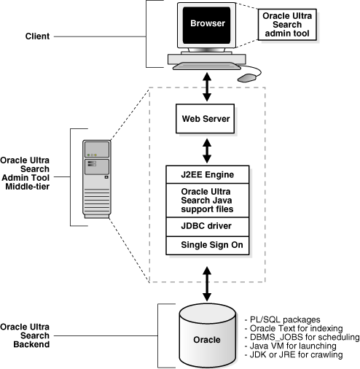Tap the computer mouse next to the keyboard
pyautogui.click(x=249, y=77)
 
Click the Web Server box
pyautogui.click(x=208, y=119)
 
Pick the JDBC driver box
pyautogui.click(x=208, y=227)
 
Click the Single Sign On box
pyautogui.click(x=208, y=246)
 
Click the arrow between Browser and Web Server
pyautogui.click(x=208, y=86)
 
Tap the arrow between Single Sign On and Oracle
pyautogui.click(x=208, y=279)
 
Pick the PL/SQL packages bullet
pyautogui.click(x=275, y=319)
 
